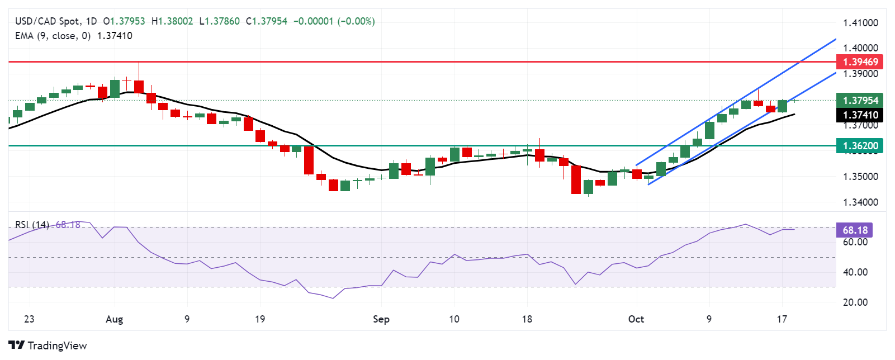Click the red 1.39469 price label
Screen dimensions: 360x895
tap(860, 61)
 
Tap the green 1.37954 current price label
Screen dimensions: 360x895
tap(860, 101)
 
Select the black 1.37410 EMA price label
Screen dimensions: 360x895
tap(860, 115)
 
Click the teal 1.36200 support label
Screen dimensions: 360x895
tap(860, 146)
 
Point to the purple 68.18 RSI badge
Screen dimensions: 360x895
tap(855, 230)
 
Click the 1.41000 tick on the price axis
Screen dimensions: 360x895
tap(860, 23)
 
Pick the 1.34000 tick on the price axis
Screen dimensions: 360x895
tap(860, 202)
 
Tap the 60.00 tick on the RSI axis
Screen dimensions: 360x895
tap(855, 242)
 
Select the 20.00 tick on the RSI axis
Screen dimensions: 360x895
tap(855, 302)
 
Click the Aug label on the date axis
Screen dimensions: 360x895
tap(114, 319)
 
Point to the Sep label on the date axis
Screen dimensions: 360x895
tap(381, 319)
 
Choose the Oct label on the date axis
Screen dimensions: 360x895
tap(636, 319)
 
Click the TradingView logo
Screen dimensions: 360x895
tap(48, 345)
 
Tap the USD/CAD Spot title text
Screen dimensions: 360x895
tap(47, 21)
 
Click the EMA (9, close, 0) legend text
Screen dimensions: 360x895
tap(53, 36)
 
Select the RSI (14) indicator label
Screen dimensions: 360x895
tap(32, 225)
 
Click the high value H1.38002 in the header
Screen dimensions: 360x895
tap(172, 21)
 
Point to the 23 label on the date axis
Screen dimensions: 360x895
tap(29, 319)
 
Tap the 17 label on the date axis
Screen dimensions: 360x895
tap(782, 319)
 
